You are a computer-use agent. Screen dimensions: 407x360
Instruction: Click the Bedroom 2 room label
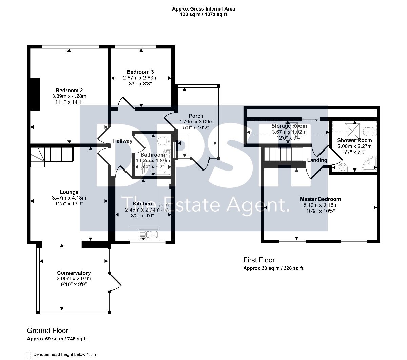click(69, 91)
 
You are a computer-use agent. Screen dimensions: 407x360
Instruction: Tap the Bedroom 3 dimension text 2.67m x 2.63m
click(140, 78)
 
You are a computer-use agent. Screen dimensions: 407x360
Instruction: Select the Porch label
click(196, 116)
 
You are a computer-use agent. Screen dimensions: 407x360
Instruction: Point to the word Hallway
click(122, 141)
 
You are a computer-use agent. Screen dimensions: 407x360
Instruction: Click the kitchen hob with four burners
click(164, 207)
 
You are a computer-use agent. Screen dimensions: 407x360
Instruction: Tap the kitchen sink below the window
click(149, 234)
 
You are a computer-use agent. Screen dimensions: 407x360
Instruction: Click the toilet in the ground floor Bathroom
click(163, 141)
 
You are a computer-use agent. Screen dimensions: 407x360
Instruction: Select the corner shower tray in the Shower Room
click(369, 164)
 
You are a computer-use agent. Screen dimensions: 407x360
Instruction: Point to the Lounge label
click(69, 192)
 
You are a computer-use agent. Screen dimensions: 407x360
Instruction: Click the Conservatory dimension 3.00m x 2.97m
click(74, 279)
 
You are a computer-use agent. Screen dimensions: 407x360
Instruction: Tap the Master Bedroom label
click(320, 199)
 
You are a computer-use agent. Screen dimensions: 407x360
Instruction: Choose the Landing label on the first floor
click(317, 160)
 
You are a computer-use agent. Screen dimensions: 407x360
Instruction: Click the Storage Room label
click(289, 126)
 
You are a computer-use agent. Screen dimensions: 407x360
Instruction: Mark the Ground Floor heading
click(47, 331)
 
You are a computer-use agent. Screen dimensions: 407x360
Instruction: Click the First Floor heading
click(259, 260)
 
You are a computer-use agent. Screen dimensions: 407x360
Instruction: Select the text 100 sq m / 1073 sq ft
click(203, 14)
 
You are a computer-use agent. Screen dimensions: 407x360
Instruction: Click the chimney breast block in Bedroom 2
click(34, 94)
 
